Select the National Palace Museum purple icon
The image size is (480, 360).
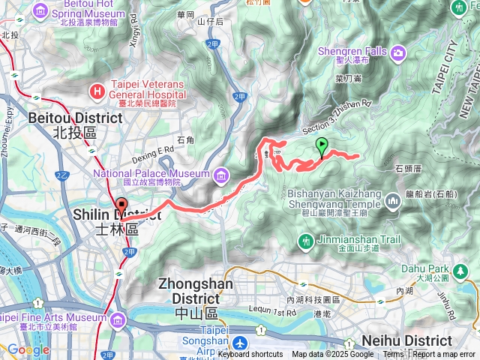(220, 177)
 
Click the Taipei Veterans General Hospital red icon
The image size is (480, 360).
(96, 91)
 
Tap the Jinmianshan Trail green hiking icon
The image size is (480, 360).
(305, 241)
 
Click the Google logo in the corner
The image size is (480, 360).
(28, 349)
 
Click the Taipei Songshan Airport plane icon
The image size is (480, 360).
(239, 343)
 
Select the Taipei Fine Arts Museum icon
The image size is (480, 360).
(117, 322)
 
